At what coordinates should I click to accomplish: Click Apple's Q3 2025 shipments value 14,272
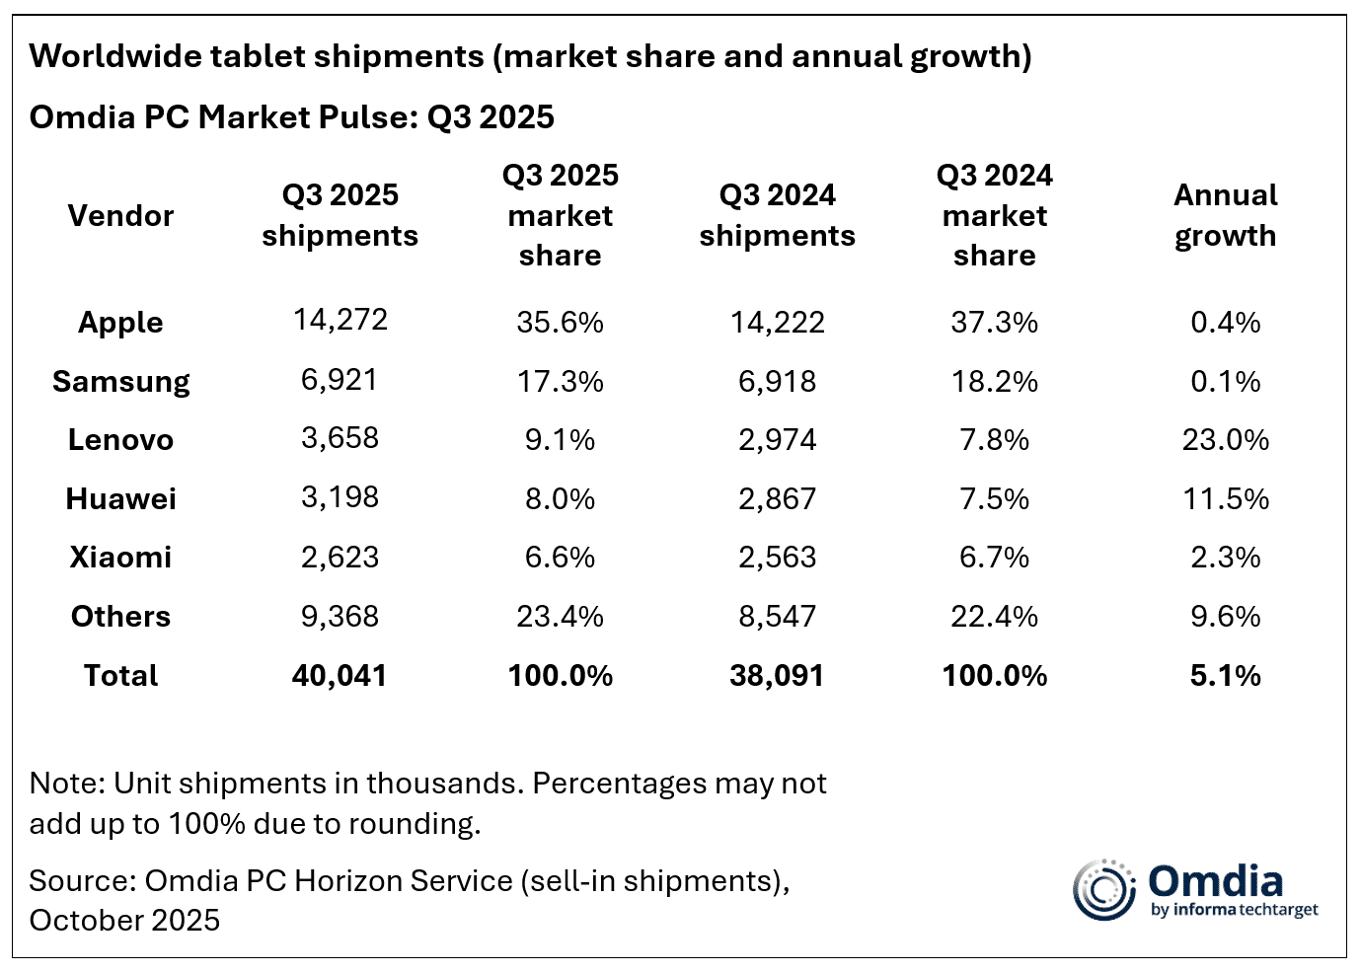[x=340, y=320]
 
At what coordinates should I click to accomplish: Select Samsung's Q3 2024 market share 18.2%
[x=994, y=382]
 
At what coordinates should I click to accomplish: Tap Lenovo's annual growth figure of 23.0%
[x=1225, y=440]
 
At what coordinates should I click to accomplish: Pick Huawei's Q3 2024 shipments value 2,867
[x=777, y=498]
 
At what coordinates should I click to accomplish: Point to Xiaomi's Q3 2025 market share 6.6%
[x=560, y=557]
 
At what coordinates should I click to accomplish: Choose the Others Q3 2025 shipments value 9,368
[x=340, y=617]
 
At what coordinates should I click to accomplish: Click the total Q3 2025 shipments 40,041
[x=340, y=675]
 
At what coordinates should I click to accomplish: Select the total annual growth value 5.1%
[x=1225, y=675]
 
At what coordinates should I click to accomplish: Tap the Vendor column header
[x=120, y=215]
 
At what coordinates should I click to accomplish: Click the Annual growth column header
[x=1225, y=215]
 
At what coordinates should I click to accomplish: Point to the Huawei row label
[x=121, y=498]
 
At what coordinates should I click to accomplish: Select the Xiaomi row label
[x=120, y=557]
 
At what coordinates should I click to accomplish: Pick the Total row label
[x=120, y=675]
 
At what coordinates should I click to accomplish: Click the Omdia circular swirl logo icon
[x=1103, y=890]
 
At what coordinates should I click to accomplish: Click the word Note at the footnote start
[x=67, y=784]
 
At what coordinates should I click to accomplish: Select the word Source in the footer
[x=83, y=880]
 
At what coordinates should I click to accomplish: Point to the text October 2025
[x=124, y=920]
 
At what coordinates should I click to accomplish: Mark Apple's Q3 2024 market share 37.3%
[x=994, y=322]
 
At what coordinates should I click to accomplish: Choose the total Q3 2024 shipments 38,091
[x=777, y=675]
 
